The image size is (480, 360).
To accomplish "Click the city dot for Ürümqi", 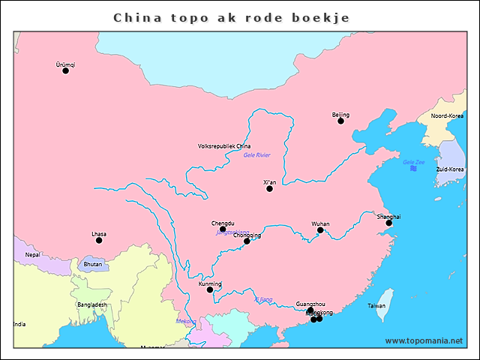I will click(65, 70).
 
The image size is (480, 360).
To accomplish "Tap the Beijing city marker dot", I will click(340, 121).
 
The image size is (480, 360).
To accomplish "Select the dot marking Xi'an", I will click(270, 188).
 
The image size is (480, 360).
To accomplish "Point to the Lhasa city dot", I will click(99, 240).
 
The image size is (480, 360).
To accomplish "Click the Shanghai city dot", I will click(388, 223).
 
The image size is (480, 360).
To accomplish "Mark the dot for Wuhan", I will click(320, 230).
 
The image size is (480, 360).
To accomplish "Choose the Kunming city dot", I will click(210, 289).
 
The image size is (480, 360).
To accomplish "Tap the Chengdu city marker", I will click(223, 229).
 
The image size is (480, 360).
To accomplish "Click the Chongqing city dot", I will click(247, 241).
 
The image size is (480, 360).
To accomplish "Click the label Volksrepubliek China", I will click(224, 146).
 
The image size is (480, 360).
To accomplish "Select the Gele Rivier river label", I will click(256, 155).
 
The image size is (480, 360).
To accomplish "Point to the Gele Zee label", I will click(414, 162).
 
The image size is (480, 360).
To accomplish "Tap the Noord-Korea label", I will click(447, 116).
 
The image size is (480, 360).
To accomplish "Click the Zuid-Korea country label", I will click(449, 169).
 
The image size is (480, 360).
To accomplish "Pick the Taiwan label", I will click(376, 306).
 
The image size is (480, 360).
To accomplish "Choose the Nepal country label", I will click(33, 255).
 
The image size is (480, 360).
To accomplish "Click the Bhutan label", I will click(93, 264).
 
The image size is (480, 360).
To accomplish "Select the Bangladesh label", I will click(91, 304).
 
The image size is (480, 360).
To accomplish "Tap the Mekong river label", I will click(185, 322).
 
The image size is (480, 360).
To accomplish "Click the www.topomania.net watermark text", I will click(424, 340).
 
